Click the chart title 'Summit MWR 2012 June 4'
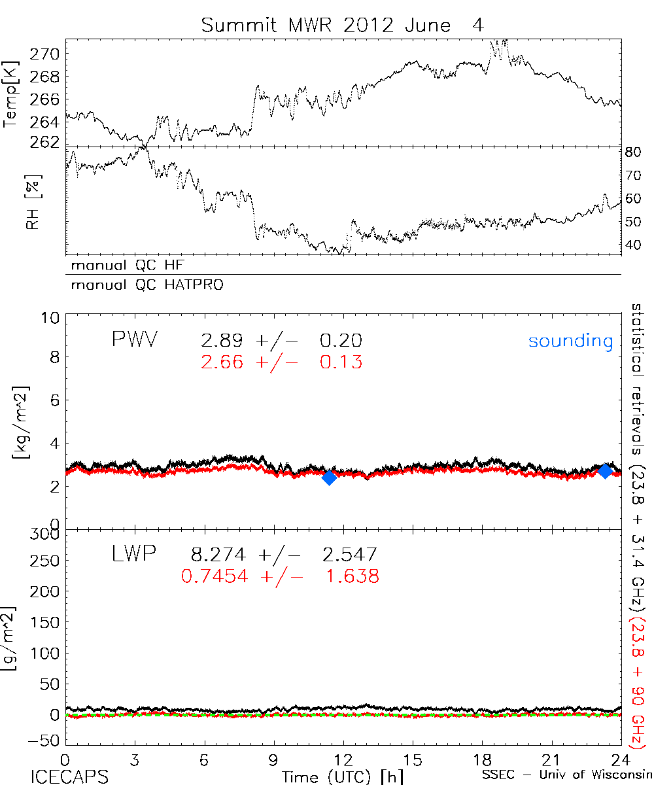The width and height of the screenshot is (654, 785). click(x=344, y=26)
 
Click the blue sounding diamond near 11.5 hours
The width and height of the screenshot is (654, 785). click(x=330, y=478)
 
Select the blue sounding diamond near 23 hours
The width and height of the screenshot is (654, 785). click(x=606, y=470)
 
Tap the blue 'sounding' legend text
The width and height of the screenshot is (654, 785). click(x=570, y=341)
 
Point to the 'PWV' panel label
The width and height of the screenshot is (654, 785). click(x=134, y=340)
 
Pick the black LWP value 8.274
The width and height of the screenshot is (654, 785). click(x=218, y=555)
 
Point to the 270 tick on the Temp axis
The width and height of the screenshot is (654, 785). click(x=48, y=54)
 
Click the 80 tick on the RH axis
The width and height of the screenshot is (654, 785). click(x=635, y=153)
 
